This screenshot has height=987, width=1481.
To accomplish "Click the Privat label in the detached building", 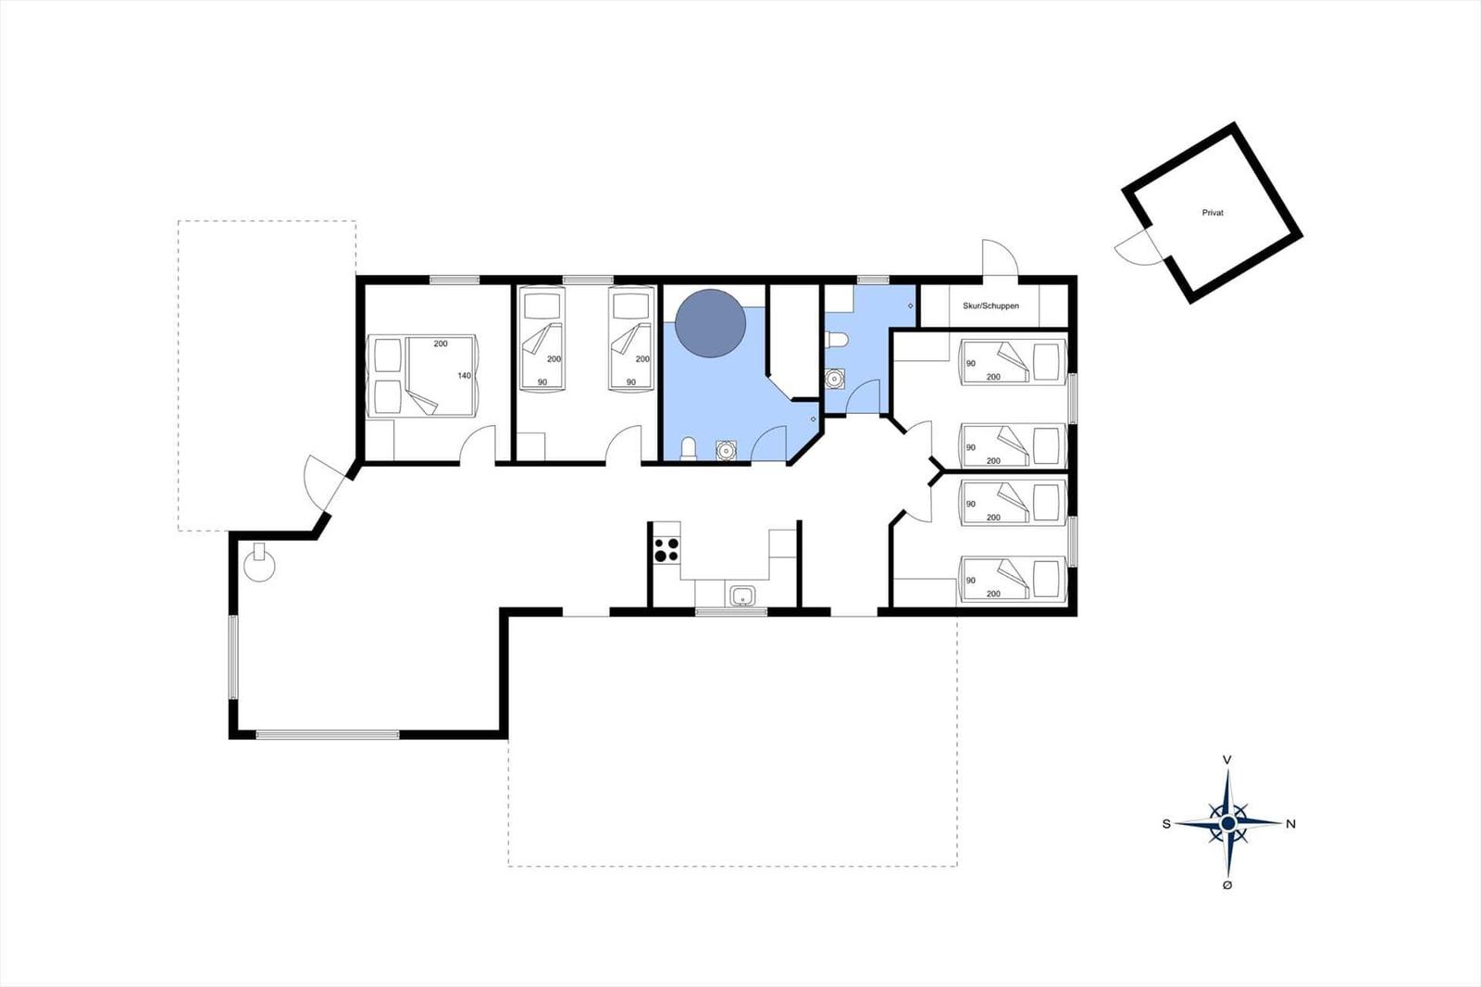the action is [1213, 213].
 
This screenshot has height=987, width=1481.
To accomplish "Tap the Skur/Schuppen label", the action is [990, 306].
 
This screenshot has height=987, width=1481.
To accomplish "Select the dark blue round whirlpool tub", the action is [711, 323].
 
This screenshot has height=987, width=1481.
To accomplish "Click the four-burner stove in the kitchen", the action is [666, 550].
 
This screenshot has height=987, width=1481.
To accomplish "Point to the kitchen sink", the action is [743, 595].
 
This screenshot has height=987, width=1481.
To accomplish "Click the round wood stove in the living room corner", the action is [259, 564].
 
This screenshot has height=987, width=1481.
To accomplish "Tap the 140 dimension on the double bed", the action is [464, 376].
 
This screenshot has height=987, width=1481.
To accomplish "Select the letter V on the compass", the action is [1227, 760].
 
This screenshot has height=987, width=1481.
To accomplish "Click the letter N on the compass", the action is [1290, 824].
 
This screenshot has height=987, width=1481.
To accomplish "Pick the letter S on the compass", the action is [1167, 824].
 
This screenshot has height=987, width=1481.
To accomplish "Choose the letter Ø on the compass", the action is [1227, 885].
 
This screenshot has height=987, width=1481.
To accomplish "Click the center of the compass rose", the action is [1227, 824].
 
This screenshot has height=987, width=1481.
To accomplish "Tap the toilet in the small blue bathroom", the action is [837, 340].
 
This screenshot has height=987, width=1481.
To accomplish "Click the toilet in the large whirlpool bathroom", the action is [689, 448].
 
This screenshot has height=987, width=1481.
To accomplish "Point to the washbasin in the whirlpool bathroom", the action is [726, 451].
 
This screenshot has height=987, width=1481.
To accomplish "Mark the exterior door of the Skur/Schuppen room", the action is [999, 257].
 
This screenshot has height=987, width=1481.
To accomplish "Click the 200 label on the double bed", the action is [441, 344].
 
